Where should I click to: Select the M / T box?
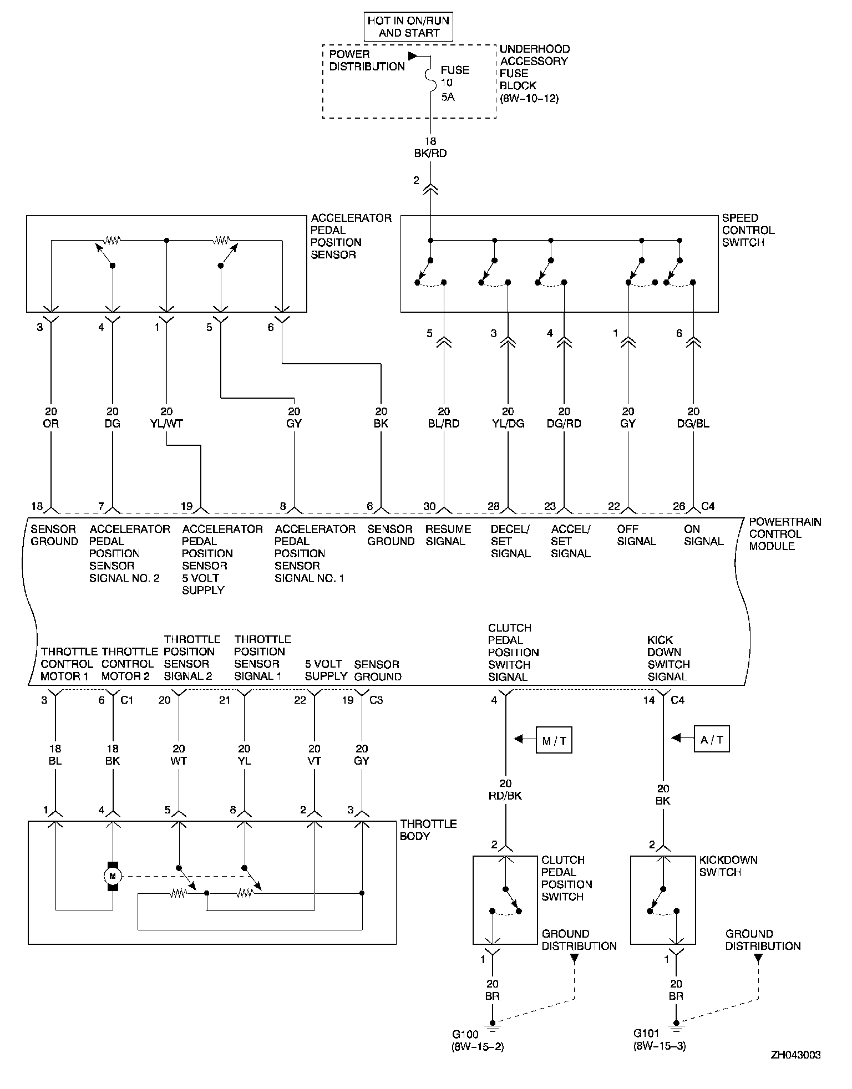tap(554, 740)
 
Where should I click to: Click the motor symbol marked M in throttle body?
tap(113, 876)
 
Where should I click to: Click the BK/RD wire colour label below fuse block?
tap(431, 154)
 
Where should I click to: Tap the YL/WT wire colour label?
tap(167, 424)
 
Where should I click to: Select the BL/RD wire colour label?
tap(444, 424)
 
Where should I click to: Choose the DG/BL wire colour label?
tap(693, 424)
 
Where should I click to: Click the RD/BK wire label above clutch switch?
tap(505, 796)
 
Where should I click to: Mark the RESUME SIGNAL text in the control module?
tap(448, 535)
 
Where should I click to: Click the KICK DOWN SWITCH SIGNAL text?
tap(668, 658)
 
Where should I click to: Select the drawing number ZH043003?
tap(795, 1055)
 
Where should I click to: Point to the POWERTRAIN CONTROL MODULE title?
tap(784, 534)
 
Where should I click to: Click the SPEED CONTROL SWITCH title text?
tap(748, 230)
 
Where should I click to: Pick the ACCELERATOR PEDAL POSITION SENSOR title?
tap(351, 236)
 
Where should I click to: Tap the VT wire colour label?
tap(315, 761)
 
